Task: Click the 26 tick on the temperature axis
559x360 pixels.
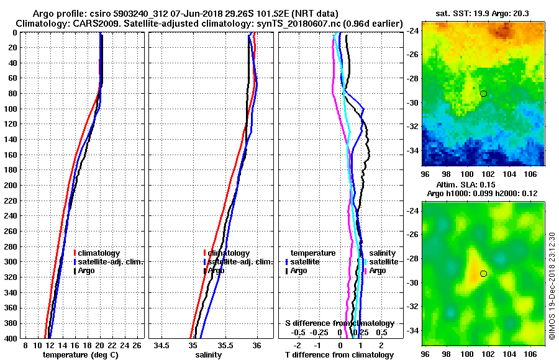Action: click(138, 345)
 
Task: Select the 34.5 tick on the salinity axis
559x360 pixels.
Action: click(162, 345)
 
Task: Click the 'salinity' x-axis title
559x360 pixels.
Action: click(208, 355)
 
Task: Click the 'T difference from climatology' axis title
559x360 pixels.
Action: click(339, 355)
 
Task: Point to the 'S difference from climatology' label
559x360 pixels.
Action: click(339, 323)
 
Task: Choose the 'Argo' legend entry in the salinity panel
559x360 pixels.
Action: click(216, 271)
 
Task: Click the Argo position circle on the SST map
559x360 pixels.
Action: click(483, 94)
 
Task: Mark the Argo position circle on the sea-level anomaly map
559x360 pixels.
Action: click(483, 274)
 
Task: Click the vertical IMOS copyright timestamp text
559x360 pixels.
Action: click(552, 286)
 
